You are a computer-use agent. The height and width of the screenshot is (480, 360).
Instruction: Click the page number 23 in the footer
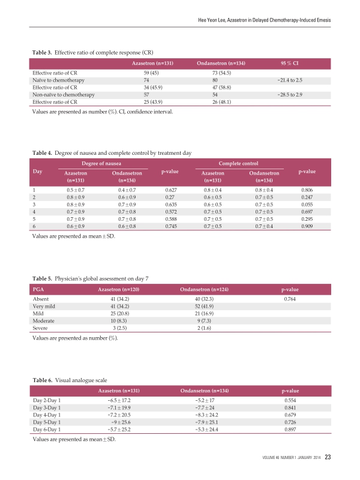click(328, 458)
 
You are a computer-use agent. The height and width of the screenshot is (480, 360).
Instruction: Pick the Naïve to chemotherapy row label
click(58, 80)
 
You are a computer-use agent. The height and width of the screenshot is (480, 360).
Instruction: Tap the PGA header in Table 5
click(38, 290)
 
